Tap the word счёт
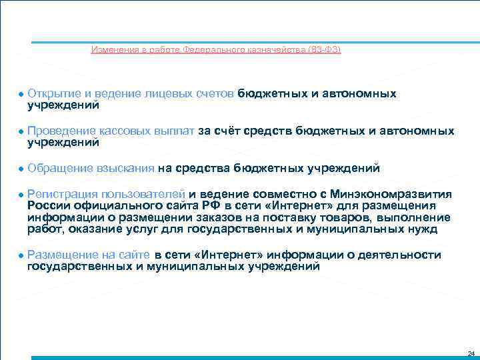[x=229, y=131]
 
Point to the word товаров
[x=351, y=217]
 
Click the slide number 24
[x=471, y=353]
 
